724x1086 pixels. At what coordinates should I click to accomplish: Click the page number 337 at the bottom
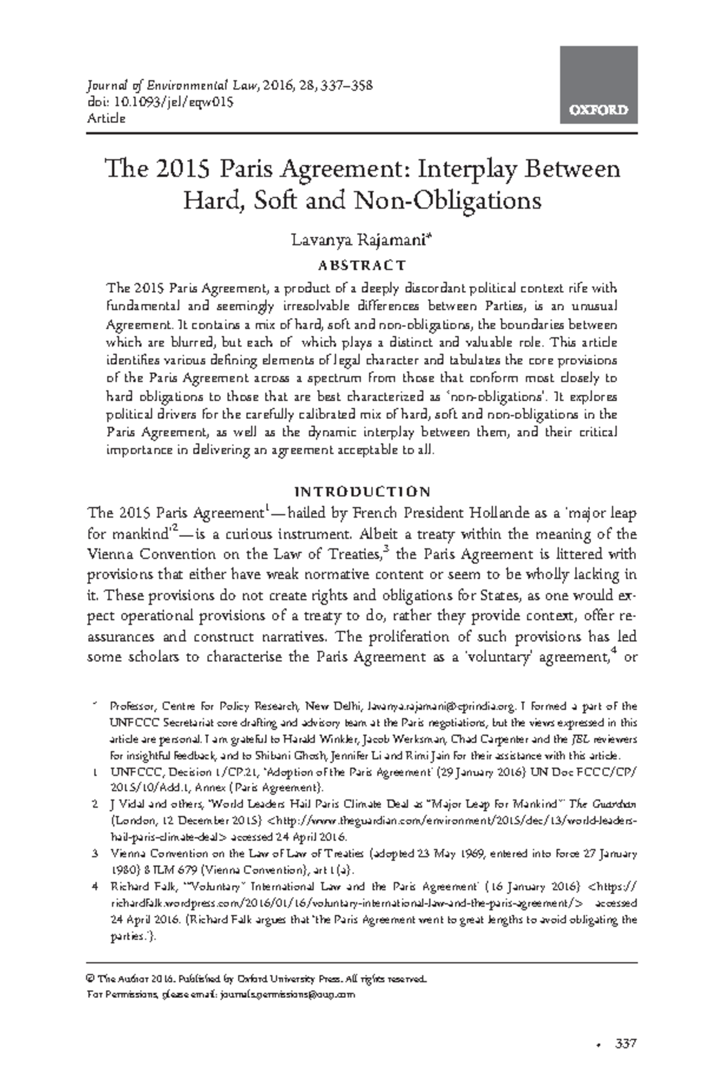pyautogui.click(x=626, y=1044)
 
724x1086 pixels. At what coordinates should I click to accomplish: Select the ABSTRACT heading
pyautogui.click(x=361, y=265)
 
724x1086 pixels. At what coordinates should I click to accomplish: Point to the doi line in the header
pyautogui.click(x=160, y=102)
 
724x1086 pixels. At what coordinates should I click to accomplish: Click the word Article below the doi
pyautogui.click(x=106, y=118)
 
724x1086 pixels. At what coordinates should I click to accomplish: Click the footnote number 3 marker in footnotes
pyautogui.click(x=95, y=854)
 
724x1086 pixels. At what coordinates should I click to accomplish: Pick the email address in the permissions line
pyautogui.click(x=288, y=994)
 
